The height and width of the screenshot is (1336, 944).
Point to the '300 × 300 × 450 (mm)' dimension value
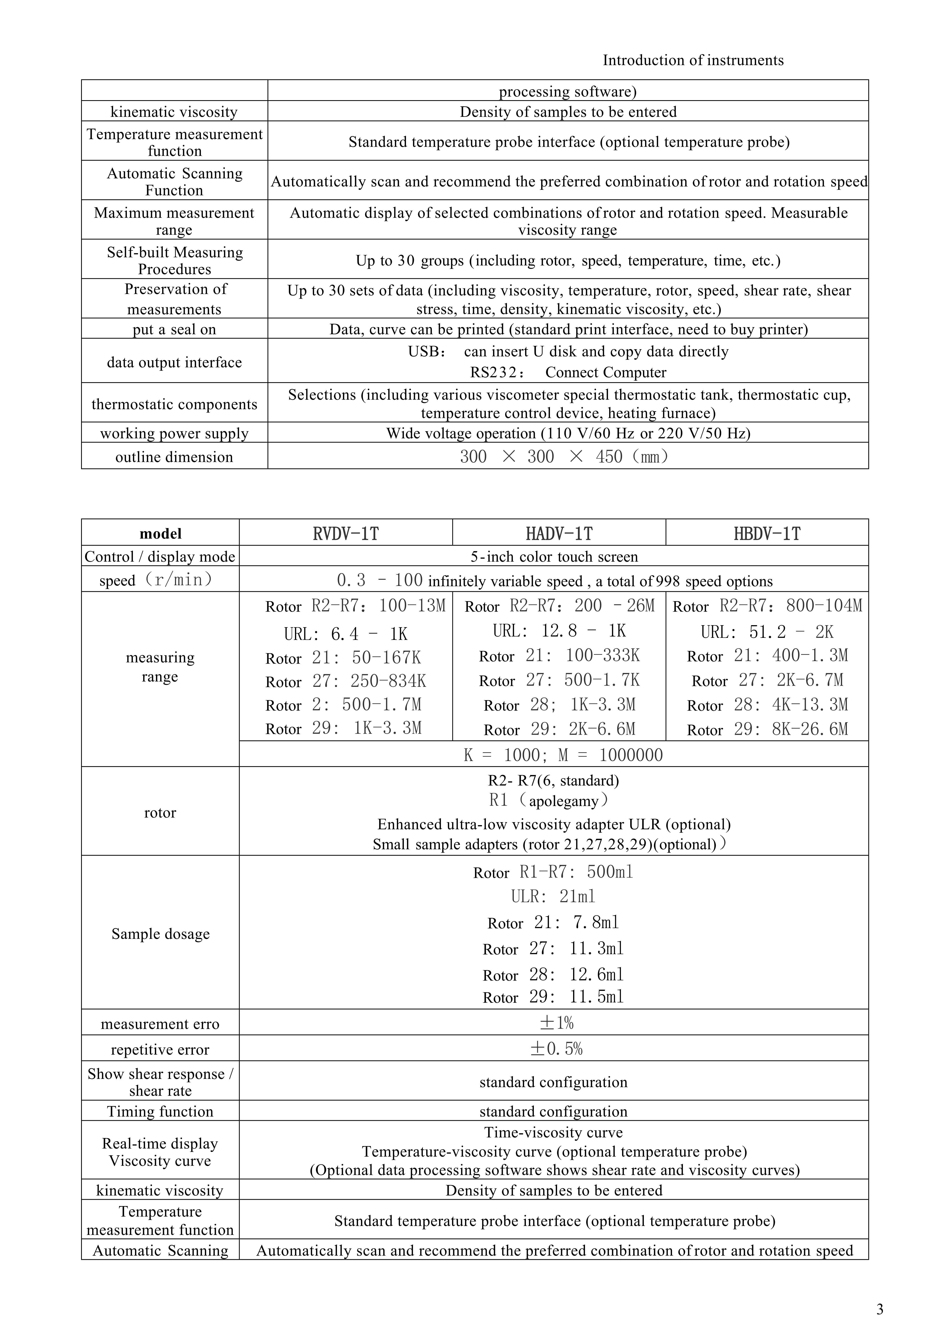(x=564, y=457)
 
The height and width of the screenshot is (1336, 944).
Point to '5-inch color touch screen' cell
(x=554, y=557)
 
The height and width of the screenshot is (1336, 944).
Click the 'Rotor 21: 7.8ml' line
(x=553, y=923)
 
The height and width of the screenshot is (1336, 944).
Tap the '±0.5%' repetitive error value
(x=556, y=1049)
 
